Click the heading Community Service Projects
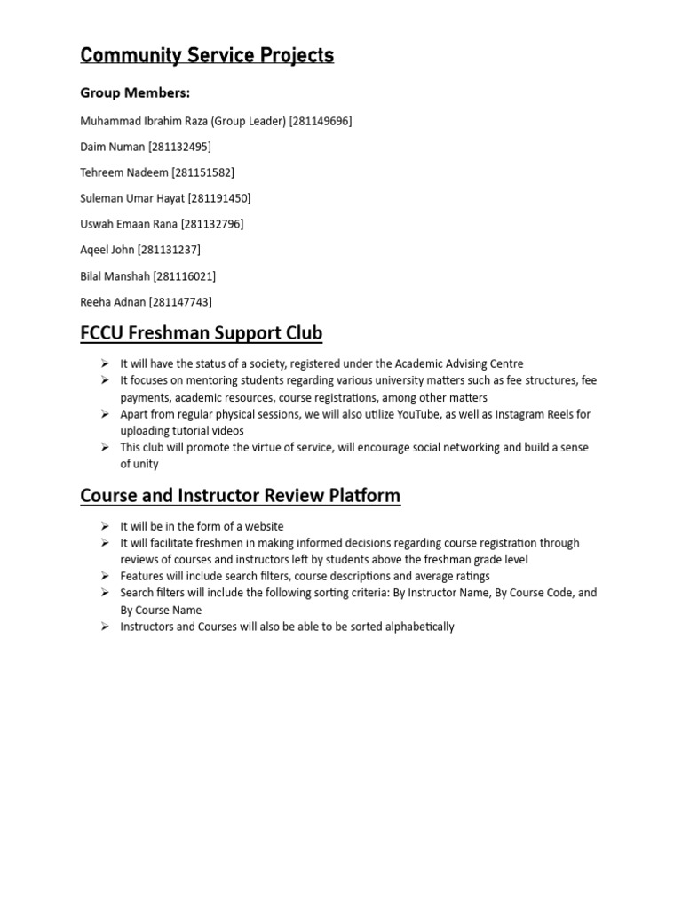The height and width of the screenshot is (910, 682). point(207,55)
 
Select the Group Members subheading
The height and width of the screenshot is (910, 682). point(135,93)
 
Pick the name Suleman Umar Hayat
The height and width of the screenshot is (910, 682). point(132,198)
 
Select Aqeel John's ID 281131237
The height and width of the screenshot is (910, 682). point(169,250)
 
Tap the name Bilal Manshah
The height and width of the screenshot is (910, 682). point(115,276)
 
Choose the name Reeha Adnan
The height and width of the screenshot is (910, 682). point(113,302)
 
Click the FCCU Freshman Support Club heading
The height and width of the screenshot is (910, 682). point(202,334)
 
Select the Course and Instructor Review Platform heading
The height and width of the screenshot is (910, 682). point(241,495)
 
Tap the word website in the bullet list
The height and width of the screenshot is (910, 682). point(264,526)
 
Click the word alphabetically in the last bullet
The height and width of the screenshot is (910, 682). point(417,627)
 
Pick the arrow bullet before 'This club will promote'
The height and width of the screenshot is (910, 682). point(104,447)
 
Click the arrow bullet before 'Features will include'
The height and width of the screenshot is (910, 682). point(104,576)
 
